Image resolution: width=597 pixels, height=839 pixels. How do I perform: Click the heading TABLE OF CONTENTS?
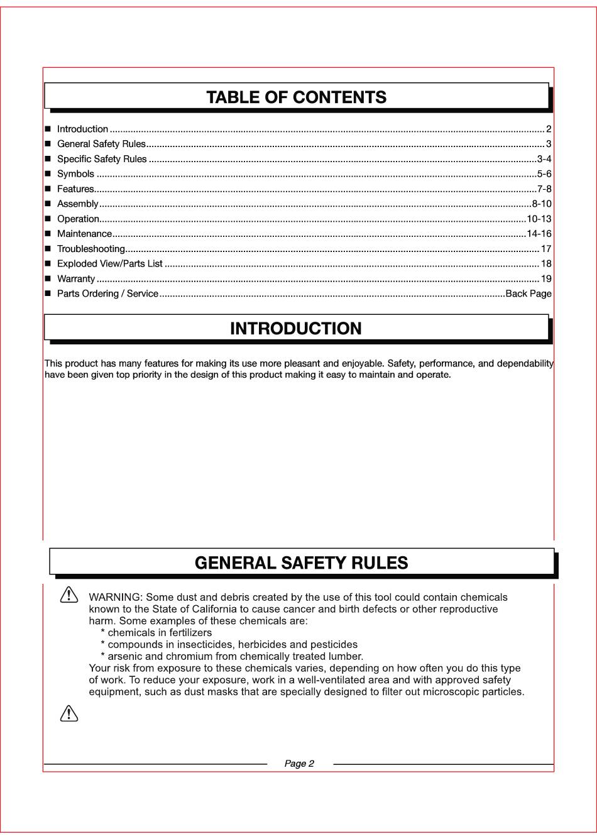point(296,97)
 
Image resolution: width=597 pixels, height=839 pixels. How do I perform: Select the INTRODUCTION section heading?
point(296,329)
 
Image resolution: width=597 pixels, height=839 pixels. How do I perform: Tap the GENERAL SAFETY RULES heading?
point(301,563)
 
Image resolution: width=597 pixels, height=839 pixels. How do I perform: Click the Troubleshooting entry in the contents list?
point(91,249)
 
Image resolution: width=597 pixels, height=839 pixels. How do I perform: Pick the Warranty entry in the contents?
point(76,279)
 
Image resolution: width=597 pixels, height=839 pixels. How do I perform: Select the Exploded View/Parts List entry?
point(110,264)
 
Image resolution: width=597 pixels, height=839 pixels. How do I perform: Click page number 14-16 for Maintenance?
point(539,234)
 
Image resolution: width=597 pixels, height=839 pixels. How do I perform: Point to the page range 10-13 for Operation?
point(539,219)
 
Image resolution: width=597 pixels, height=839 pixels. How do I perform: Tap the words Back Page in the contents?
point(529,293)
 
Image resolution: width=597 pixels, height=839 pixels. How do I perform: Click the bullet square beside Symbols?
point(48,174)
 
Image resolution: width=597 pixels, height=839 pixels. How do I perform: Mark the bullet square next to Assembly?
point(48,204)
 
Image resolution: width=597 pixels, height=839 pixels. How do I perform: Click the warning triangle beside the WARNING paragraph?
point(69,595)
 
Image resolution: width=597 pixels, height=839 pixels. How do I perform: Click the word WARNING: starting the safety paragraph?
point(116,597)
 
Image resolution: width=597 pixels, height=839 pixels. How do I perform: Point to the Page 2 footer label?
point(299,764)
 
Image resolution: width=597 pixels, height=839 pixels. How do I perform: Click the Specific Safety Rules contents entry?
point(102,159)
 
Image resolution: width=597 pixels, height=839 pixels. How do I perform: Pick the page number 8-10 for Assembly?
point(542,204)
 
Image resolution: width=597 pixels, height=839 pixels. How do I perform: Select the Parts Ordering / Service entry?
point(107,293)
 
